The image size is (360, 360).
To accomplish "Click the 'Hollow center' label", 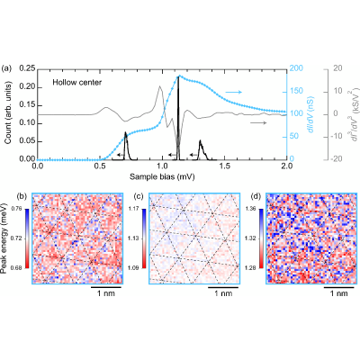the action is [77, 82].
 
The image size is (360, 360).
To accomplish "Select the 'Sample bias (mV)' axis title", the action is [162, 177].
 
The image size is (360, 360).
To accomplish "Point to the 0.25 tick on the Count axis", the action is [26, 69].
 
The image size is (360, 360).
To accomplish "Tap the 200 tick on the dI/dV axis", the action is [296, 68].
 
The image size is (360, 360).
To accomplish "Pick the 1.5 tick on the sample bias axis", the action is [224, 166].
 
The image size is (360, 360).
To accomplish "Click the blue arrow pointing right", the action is [234, 92].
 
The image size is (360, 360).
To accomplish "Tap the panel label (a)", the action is [6, 68].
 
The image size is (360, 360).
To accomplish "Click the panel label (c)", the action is [139, 196].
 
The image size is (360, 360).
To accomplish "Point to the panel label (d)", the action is [256, 196].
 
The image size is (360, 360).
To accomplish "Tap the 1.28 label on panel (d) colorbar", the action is [251, 268].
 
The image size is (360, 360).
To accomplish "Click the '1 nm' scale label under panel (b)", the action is [106, 293].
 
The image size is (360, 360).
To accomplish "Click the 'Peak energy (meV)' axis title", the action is [4, 238].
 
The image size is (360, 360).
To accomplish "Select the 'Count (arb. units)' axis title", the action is [9, 113].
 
